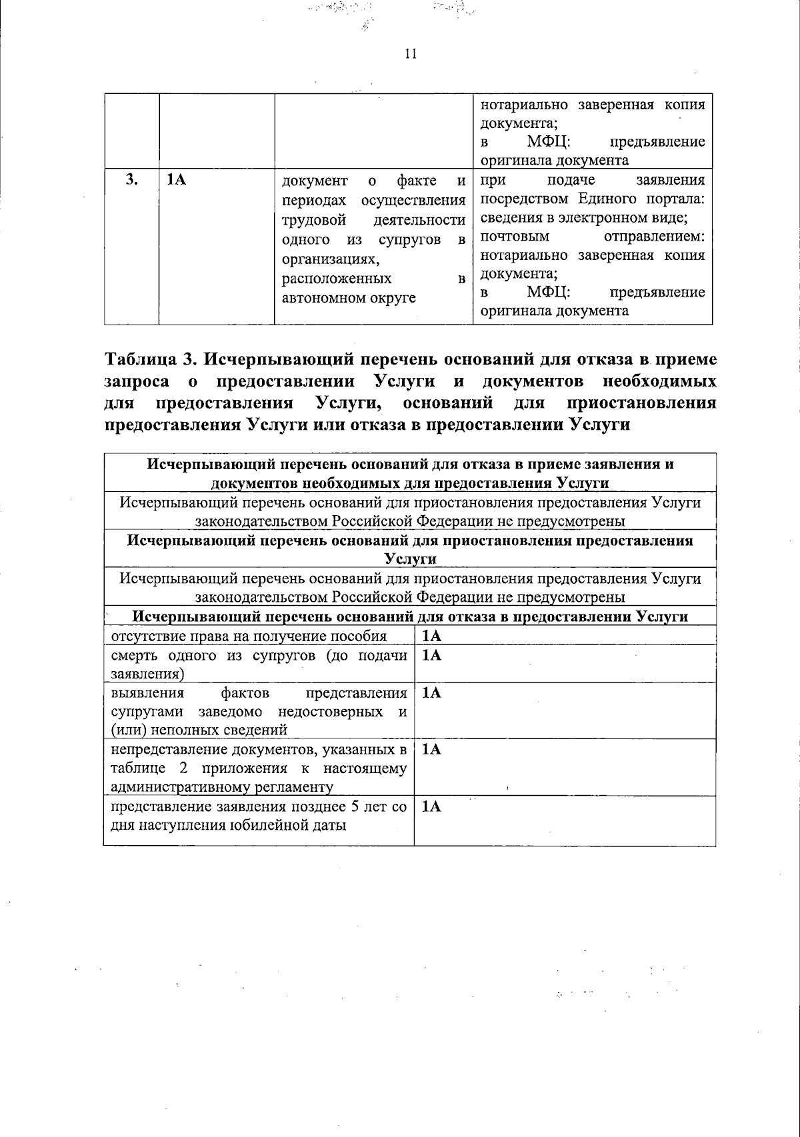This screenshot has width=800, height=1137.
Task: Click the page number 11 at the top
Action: pyautogui.click(x=410, y=55)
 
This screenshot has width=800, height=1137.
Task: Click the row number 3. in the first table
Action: pyautogui.click(x=131, y=180)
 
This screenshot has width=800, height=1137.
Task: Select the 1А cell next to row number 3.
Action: pyautogui.click(x=176, y=180)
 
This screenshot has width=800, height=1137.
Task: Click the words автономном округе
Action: pyautogui.click(x=349, y=297)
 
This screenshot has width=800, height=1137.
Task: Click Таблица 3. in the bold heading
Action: pyautogui.click(x=149, y=359)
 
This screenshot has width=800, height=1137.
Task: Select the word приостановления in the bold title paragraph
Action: pyautogui.click(x=641, y=403)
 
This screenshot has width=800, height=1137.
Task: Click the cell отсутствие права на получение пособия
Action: pyautogui.click(x=249, y=636)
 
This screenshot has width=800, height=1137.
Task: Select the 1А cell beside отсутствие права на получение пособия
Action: pyautogui.click(x=432, y=636)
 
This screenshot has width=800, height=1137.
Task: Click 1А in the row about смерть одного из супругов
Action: pyautogui.click(x=432, y=655)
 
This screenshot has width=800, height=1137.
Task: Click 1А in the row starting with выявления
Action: pyautogui.click(x=432, y=693)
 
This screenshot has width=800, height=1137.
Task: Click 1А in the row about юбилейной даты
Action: pyautogui.click(x=432, y=806)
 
